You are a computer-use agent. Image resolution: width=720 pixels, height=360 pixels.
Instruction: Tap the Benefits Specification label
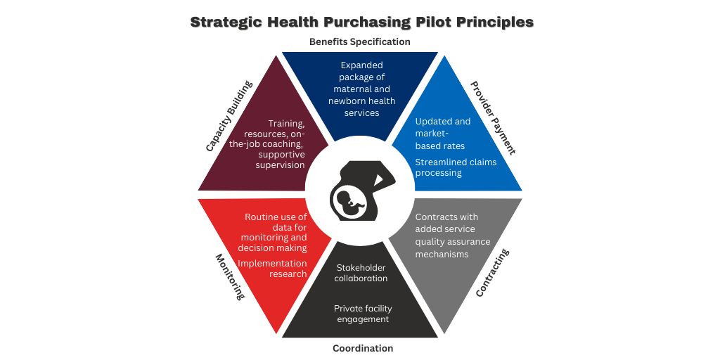click(359, 41)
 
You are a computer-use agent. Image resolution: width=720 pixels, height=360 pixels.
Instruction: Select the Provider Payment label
click(493, 118)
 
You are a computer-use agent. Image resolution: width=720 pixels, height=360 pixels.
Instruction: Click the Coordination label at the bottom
click(363, 349)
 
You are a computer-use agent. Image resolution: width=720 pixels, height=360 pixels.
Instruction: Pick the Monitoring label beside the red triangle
click(229, 277)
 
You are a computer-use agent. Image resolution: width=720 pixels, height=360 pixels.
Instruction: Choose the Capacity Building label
click(229, 116)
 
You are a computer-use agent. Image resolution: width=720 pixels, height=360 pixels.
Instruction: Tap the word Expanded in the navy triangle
click(362, 65)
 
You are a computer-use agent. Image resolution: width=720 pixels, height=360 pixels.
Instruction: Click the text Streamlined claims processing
click(456, 167)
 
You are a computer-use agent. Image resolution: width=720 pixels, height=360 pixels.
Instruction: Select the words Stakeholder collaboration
click(361, 273)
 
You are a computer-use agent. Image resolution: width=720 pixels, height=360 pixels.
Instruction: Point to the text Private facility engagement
click(363, 314)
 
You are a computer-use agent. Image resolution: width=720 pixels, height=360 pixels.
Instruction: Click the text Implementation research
click(272, 269)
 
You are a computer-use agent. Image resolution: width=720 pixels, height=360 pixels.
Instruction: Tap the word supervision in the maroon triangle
click(280, 165)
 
